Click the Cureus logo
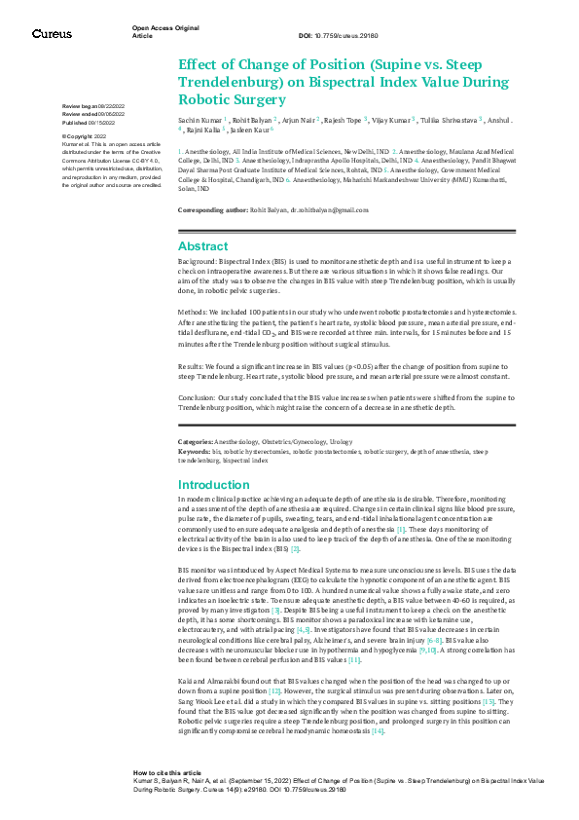coord(52,34)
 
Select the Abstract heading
coord(202,246)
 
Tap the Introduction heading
coord(214,484)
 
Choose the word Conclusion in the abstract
coord(198,399)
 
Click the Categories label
coord(195,441)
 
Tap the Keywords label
coord(194,449)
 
